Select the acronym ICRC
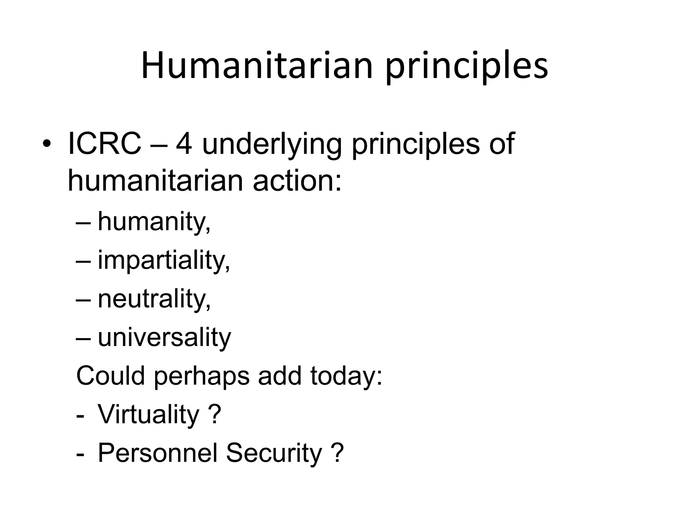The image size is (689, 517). click(x=104, y=144)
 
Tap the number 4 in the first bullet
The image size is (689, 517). click(x=184, y=144)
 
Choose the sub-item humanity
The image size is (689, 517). click(x=154, y=222)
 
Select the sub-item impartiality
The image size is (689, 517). click(x=164, y=261)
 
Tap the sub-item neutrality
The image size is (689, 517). click(x=154, y=299)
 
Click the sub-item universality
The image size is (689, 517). click(x=164, y=337)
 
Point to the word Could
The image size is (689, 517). click(x=111, y=376)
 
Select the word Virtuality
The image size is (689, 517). click(x=148, y=415)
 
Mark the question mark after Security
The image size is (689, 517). click(x=337, y=453)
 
